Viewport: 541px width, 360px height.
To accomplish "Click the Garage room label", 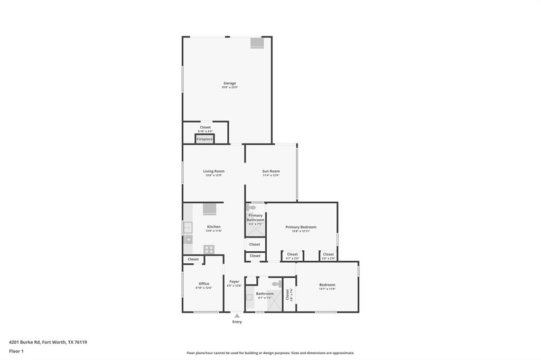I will (x=229, y=83).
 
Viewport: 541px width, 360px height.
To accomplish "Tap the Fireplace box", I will (x=204, y=139).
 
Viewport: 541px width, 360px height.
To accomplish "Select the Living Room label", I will (x=213, y=171).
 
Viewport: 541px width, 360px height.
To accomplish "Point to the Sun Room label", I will (x=271, y=171).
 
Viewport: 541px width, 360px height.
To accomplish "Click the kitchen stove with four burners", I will (x=209, y=249).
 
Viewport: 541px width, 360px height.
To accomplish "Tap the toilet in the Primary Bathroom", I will (x=251, y=207).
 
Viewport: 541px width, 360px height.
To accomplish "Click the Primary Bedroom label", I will (x=301, y=227).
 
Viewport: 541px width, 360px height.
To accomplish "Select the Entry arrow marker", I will (x=237, y=316).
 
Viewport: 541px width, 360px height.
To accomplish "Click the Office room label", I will (x=204, y=283).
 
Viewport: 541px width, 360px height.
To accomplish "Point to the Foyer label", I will (x=234, y=281).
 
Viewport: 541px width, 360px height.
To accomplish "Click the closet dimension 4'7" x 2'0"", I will (x=292, y=258).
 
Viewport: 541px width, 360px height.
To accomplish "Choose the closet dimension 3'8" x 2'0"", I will (x=328, y=258).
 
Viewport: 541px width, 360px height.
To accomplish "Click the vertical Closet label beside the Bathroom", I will (x=287, y=294).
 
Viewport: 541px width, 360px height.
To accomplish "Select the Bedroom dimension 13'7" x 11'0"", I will (x=327, y=289).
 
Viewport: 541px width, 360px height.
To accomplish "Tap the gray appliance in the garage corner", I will (x=257, y=43).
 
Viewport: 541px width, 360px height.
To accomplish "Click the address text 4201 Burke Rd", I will (x=48, y=342).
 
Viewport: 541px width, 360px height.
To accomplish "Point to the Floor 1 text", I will (x=16, y=351).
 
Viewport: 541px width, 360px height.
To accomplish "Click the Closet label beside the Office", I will (x=193, y=259).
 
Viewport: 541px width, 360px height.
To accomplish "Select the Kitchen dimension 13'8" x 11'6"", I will (x=213, y=231).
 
